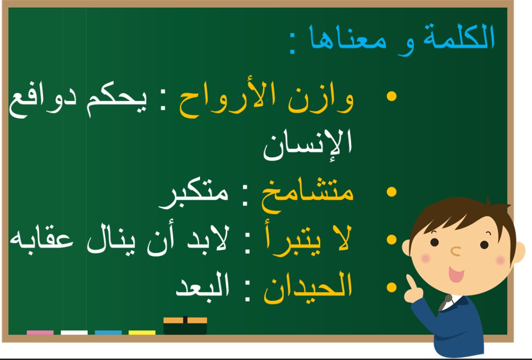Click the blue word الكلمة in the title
tap(459, 37)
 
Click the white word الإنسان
tap(308, 144)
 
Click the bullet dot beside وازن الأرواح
tap(392, 96)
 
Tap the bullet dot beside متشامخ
tap(392, 192)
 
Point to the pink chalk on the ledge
tap(40, 332)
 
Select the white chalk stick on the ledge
tap(74, 332)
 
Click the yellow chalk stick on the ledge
tap(142, 332)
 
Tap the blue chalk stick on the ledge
tap(108, 332)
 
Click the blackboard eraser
tap(185, 325)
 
